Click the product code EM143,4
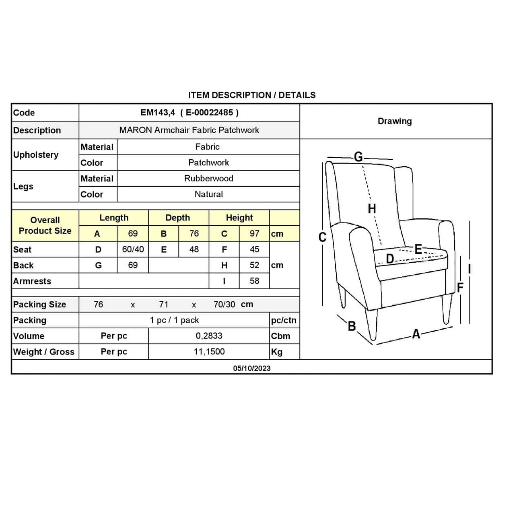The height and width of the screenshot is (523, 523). coord(158,113)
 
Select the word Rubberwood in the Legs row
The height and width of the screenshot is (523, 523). coord(208,178)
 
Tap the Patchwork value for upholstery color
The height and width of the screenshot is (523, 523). coord(208,163)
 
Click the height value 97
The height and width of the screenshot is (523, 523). coord(254,233)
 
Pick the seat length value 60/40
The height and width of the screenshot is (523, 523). coord(133,249)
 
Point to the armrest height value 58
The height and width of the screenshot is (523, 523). coord(254,281)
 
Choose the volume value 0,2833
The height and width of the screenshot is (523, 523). coord(209,336)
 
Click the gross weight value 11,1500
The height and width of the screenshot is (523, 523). coord(209,352)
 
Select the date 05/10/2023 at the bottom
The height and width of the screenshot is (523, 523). coord(252,368)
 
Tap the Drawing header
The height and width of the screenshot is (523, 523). coord(395,121)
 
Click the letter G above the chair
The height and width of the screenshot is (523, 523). coord(358,156)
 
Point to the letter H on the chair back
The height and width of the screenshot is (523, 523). coord(372,208)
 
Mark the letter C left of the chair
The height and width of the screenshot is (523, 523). coord(322,237)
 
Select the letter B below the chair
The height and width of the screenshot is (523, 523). coord(352,326)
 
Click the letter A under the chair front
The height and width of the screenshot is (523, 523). coord(416,334)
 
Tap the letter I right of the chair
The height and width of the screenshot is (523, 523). coord(469,269)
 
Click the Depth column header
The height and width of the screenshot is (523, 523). coord(177,218)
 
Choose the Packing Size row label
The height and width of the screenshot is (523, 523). coord(39,305)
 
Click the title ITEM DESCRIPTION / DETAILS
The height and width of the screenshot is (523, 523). coord(252,95)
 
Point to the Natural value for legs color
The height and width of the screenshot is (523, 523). coord(208,194)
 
